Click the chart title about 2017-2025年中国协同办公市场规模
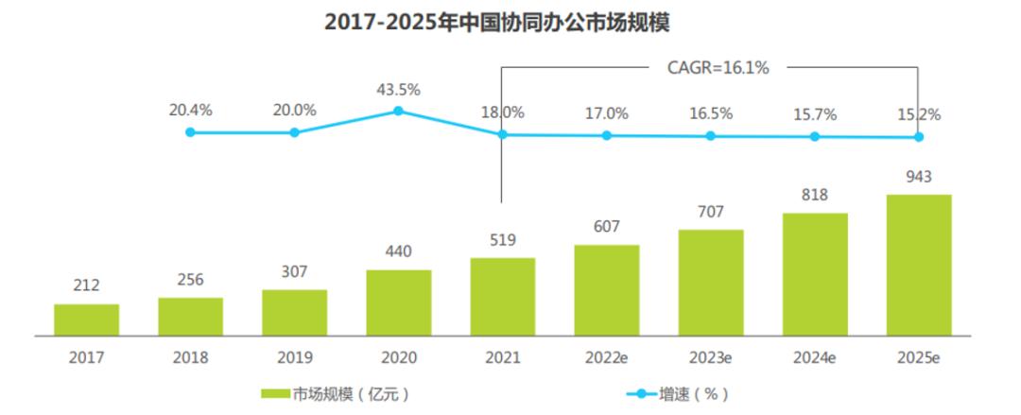(510, 23)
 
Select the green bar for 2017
(86, 320)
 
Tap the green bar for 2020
(398, 303)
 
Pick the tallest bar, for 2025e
(918, 265)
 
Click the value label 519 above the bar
(502, 241)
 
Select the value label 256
(190, 280)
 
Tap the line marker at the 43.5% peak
(398, 111)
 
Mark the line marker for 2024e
(814, 136)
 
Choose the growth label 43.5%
(398, 90)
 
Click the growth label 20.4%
(190, 110)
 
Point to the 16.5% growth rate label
(710, 113)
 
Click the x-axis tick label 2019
(294, 358)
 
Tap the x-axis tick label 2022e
(606, 358)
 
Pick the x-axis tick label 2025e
(918, 358)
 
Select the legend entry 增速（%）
(676, 393)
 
